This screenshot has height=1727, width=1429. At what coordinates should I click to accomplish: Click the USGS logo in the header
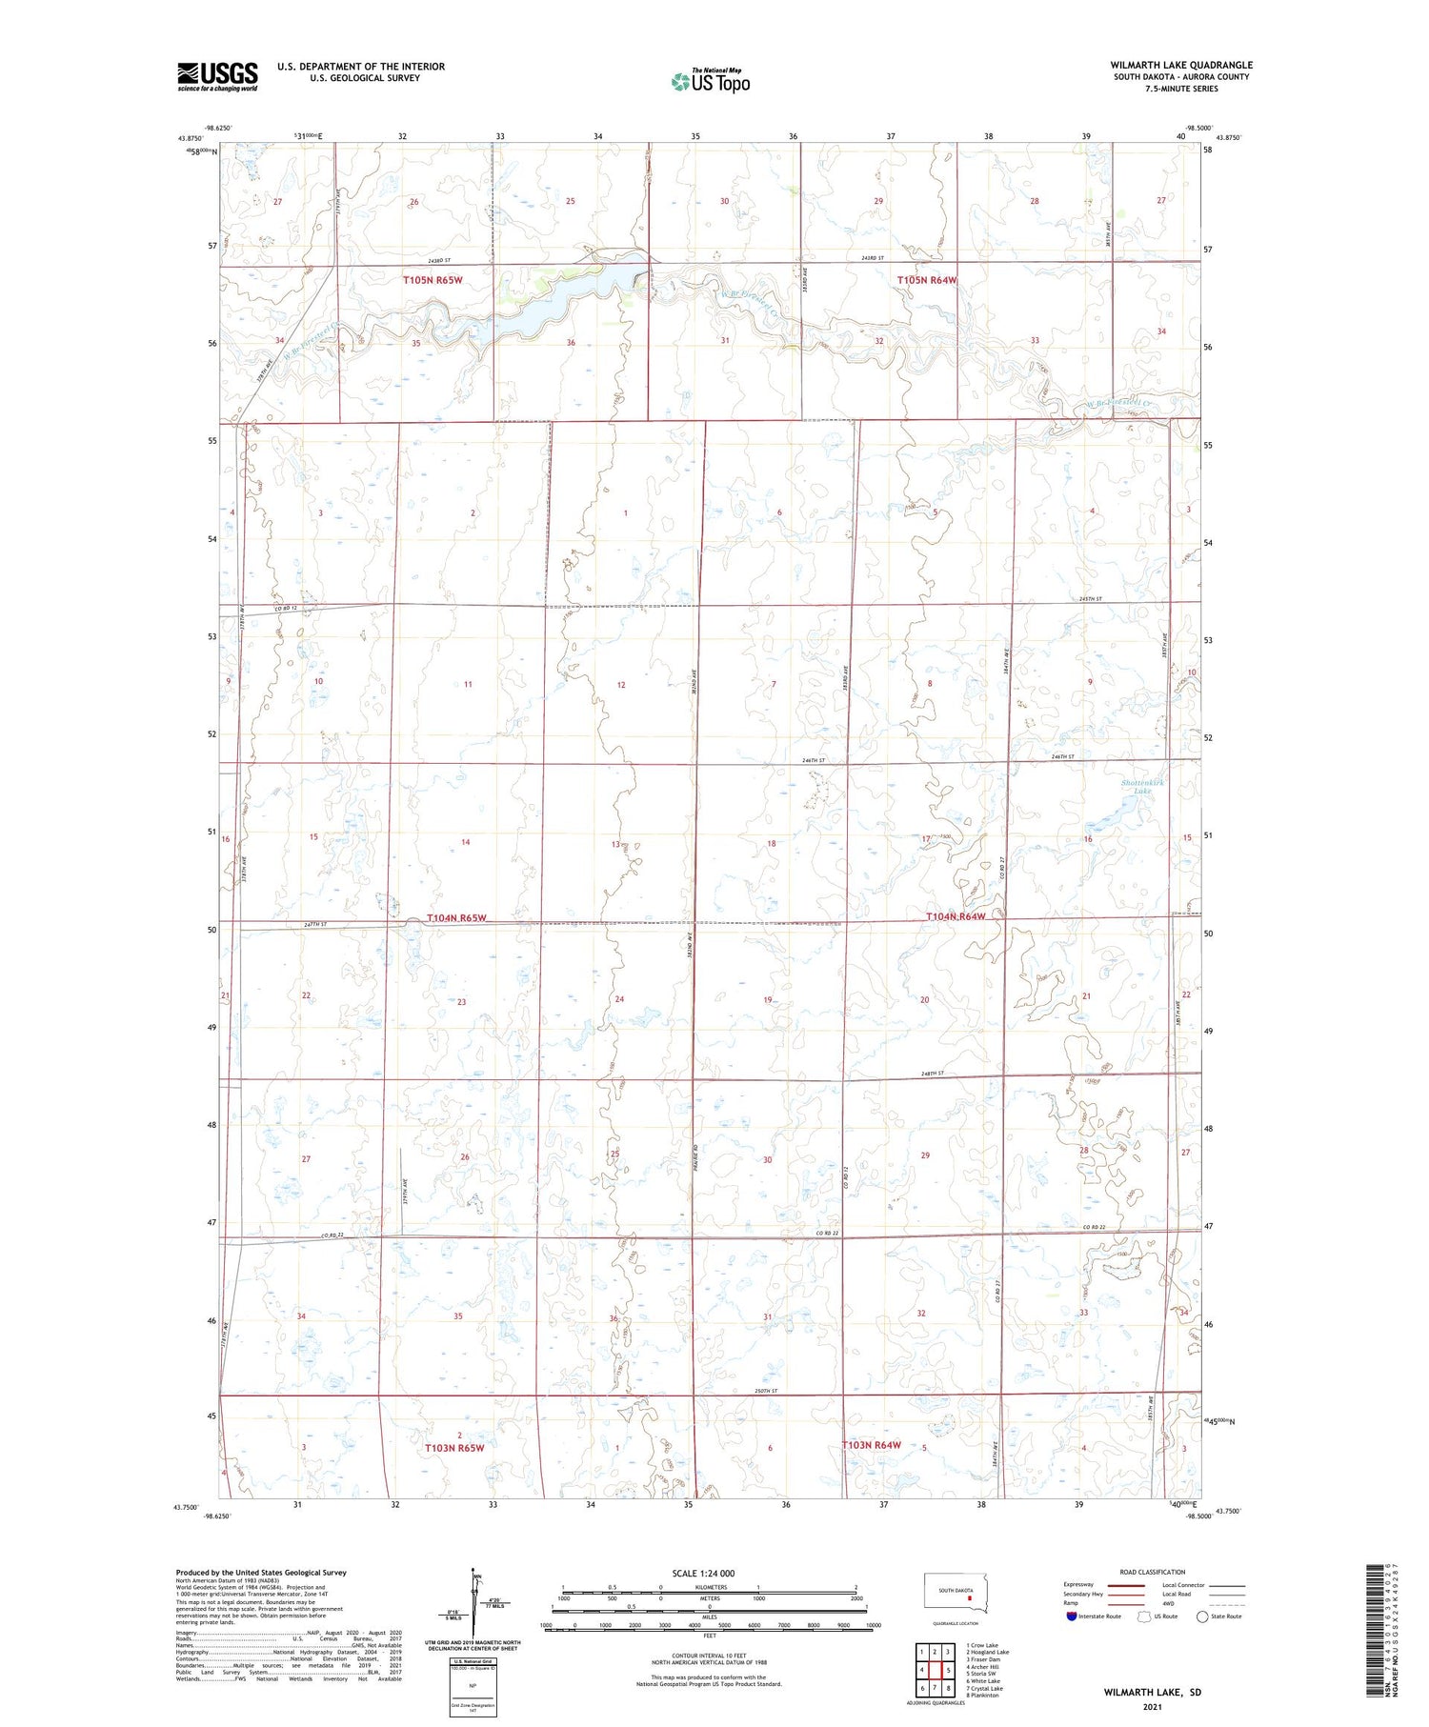[x=217, y=75]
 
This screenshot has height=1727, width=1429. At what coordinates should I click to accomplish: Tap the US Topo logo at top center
[x=711, y=81]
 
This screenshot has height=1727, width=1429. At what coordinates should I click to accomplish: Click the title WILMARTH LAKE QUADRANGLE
[x=1180, y=65]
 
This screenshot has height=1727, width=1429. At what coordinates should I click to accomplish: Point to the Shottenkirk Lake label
[x=1143, y=787]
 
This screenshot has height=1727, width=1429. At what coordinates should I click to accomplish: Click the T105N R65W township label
[x=433, y=280]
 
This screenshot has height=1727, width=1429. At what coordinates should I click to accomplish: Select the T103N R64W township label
[x=872, y=1445]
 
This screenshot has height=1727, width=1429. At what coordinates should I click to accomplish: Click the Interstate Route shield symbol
[x=1072, y=1617]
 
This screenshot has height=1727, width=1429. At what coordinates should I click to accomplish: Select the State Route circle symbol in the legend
[x=1202, y=1617]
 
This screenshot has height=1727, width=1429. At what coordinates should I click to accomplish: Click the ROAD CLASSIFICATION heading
[x=1152, y=1572]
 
